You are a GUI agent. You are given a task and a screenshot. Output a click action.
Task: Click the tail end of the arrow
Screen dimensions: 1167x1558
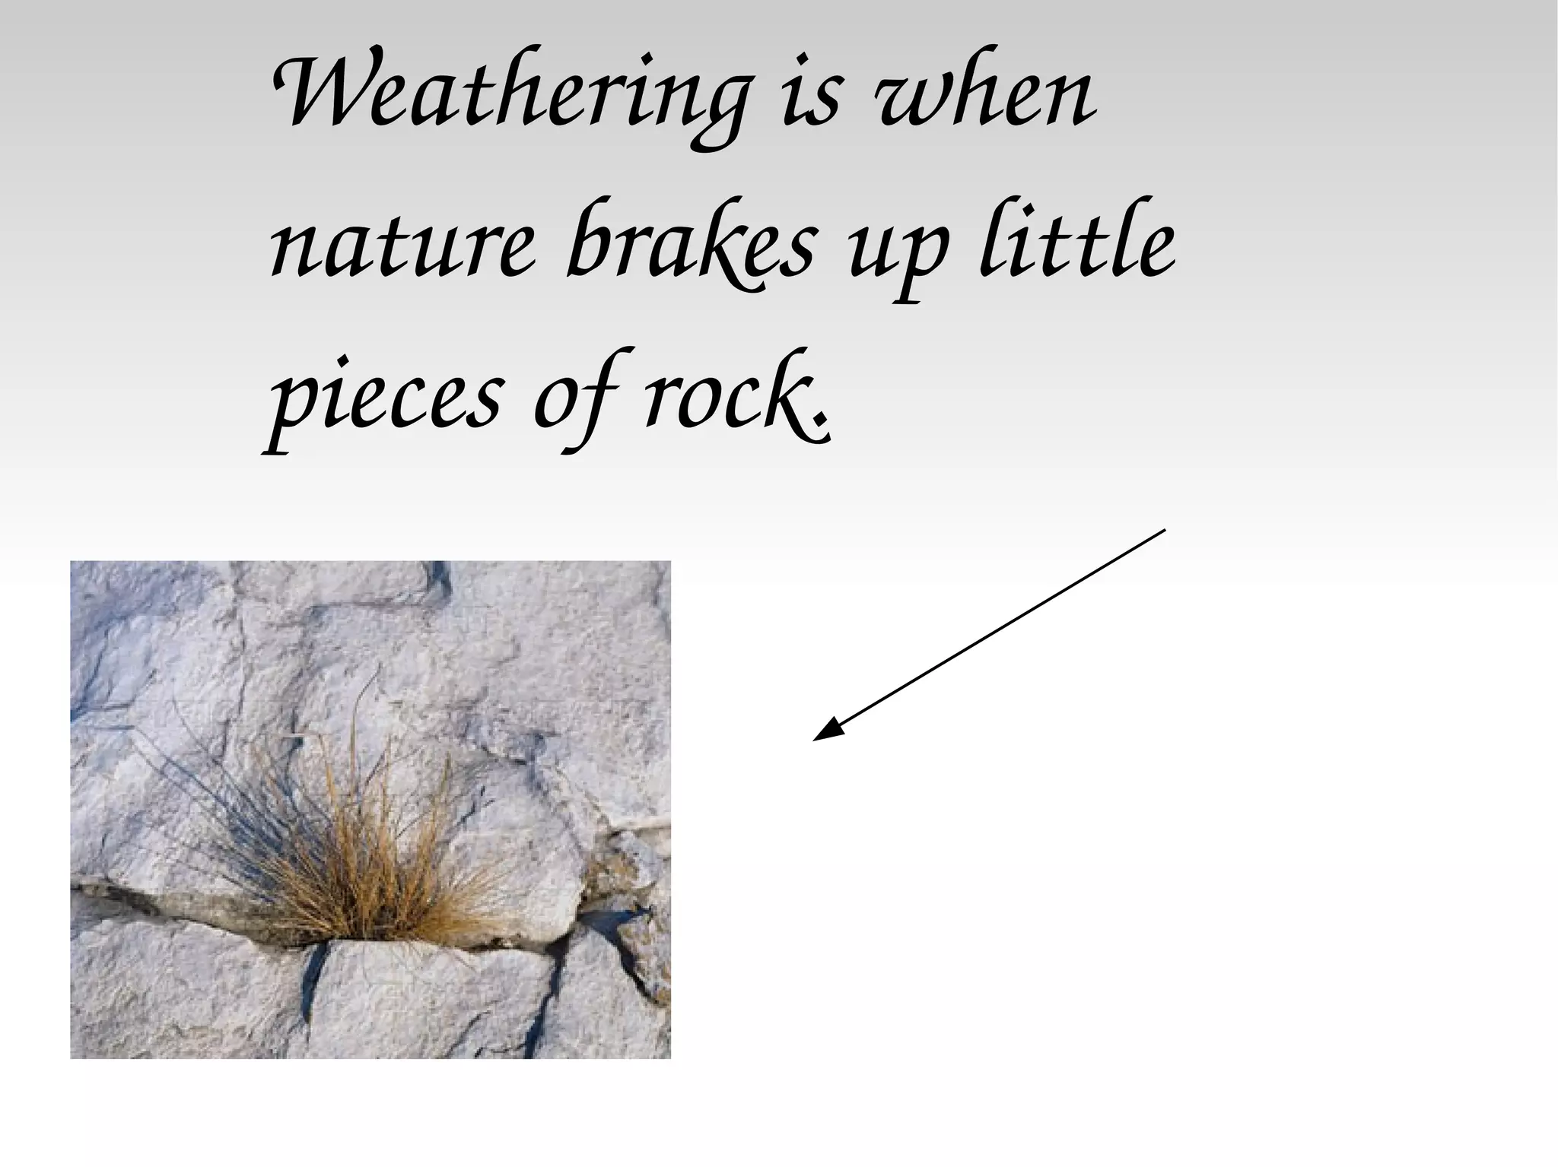click(x=1164, y=531)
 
